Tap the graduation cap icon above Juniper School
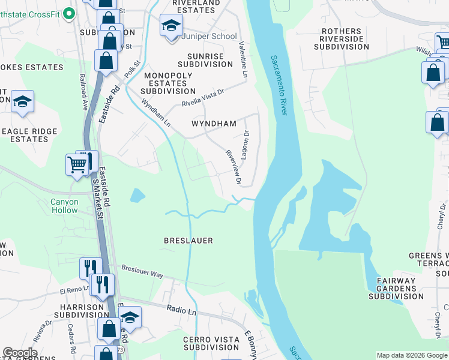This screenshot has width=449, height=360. (171, 26)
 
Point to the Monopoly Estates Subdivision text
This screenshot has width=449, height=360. (168, 83)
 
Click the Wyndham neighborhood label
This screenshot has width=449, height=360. (214, 124)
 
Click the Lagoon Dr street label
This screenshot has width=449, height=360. (245, 145)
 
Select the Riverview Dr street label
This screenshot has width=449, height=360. (233, 166)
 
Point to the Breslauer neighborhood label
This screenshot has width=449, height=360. (188, 241)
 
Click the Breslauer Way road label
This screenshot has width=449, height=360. (142, 271)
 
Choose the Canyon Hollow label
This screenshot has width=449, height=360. (64, 206)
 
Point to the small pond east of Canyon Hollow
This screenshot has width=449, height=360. (137, 196)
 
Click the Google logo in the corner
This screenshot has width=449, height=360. (20, 353)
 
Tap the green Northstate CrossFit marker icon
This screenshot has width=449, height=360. (69, 13)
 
